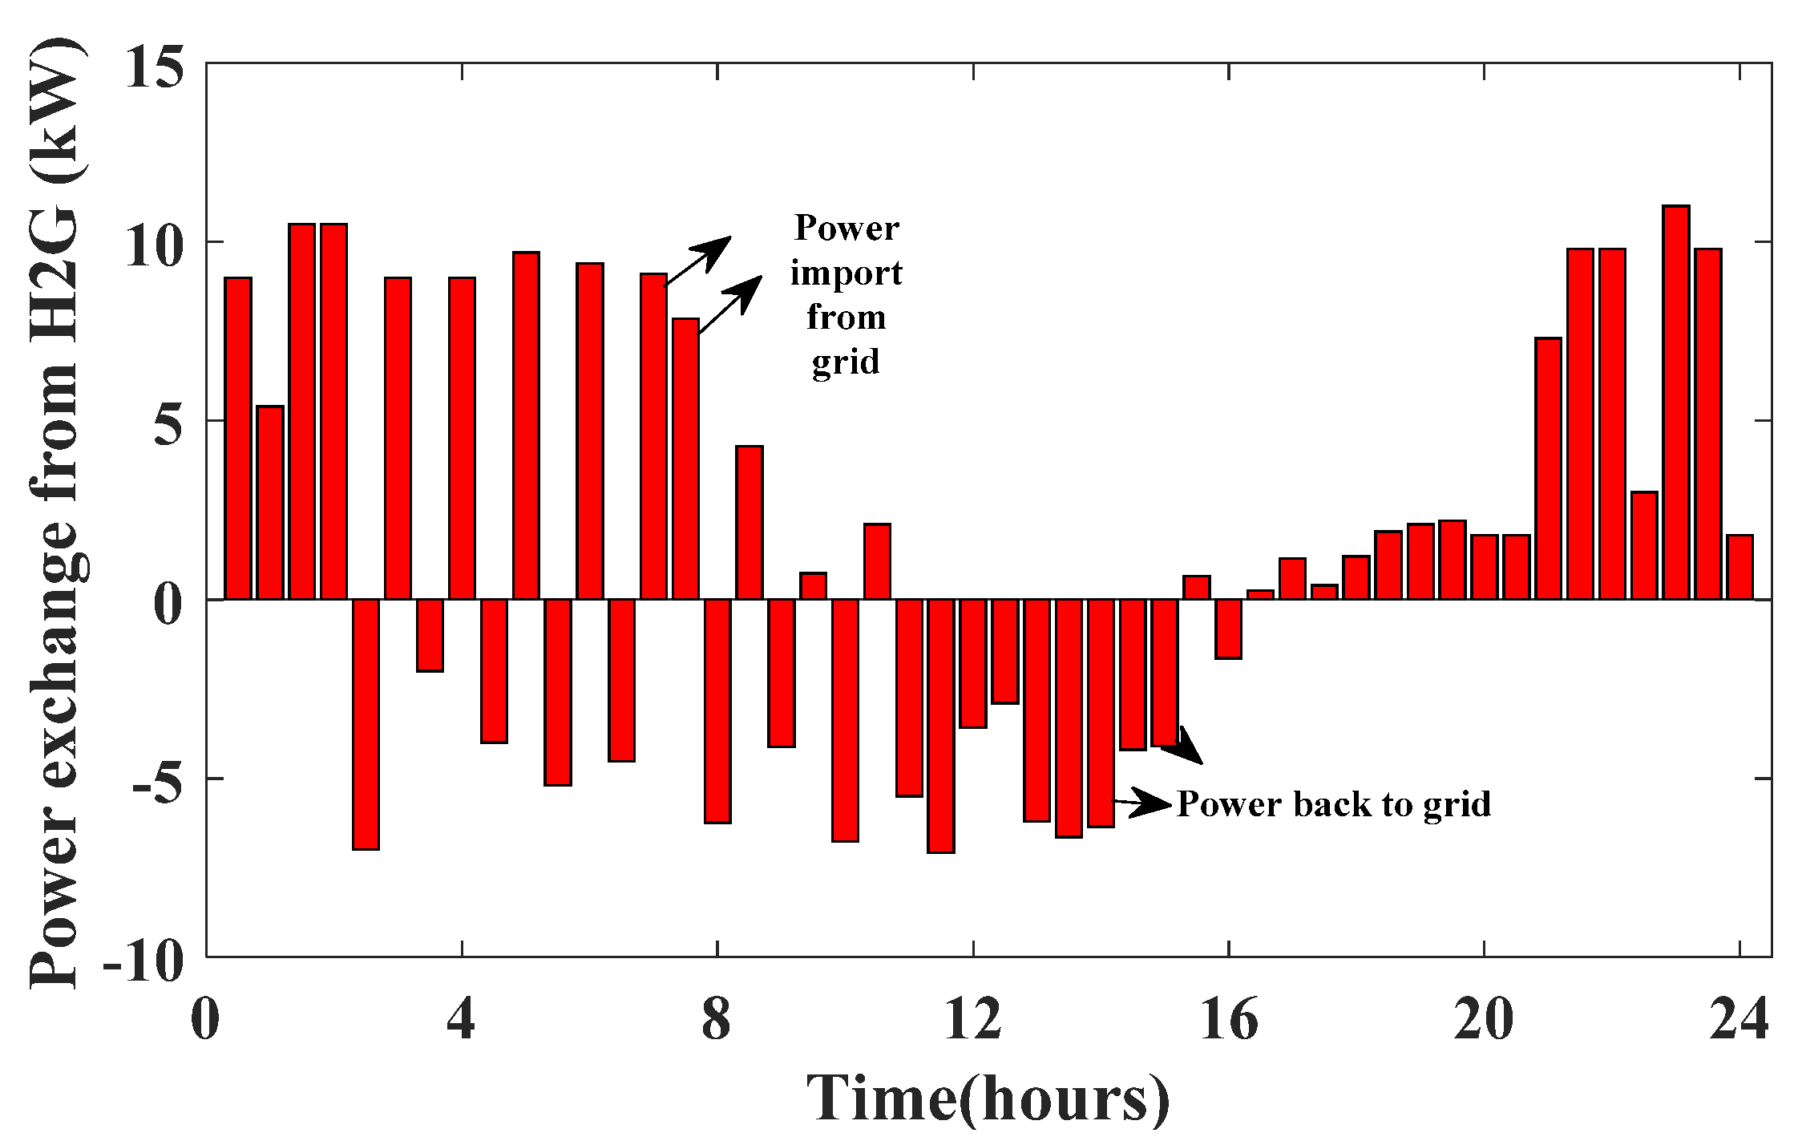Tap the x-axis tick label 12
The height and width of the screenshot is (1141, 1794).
click(x=972, y=1019)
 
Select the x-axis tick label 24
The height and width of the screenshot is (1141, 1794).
click(x=1738, y=1019)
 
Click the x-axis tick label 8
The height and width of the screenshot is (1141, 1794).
click(x=717, y=1019)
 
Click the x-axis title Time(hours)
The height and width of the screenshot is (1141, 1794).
click(x=988, y=1097)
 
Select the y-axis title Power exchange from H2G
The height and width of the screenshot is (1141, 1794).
click(x=55, y=513)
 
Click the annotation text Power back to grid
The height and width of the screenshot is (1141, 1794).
click(x=1334, y=803)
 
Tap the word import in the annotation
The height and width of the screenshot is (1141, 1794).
click(x=846, y=273)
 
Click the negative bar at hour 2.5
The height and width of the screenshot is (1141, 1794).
click(x=366, y=724)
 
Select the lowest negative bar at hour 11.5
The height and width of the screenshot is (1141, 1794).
click(x=940, y=726)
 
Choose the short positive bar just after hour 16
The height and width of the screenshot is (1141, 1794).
click(x=1260, y=594)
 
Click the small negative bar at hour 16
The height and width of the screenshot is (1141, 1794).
click(x=1228, y=629)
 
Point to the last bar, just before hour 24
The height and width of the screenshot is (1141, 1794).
click(x=1739, y=567)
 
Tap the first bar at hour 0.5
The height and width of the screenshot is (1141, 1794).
click(x=238, y=439)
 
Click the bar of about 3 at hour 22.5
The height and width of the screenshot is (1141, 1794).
click(x=1644, y=545)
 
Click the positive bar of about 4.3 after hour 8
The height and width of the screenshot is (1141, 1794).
click(x=749, y=522)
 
